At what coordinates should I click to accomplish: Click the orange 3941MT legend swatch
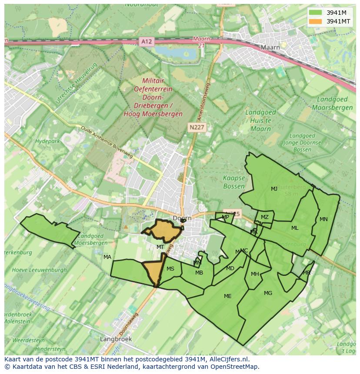(316, 21)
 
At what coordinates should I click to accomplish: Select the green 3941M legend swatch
(316, 13)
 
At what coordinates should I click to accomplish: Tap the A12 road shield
(147, 42)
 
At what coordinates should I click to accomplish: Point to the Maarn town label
(270, 47)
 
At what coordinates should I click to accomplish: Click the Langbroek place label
(115, 338)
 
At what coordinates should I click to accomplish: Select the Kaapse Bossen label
(234, 182)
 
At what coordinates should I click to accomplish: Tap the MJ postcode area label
(274, 189)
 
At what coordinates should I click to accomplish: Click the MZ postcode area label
(264, 217)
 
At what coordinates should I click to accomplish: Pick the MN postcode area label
(323, 219)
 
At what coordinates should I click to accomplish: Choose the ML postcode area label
(295, 228)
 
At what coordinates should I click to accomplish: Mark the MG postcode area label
(268, 293)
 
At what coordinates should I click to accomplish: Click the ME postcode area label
(227, 296)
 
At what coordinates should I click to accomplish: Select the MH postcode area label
(255, 274)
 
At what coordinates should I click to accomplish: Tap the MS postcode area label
(170, 269)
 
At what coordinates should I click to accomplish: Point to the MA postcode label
(107, 257)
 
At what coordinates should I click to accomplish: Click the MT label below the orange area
(160, 247)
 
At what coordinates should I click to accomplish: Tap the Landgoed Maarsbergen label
(332, 103)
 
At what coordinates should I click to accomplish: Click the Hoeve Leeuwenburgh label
(40, 270)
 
